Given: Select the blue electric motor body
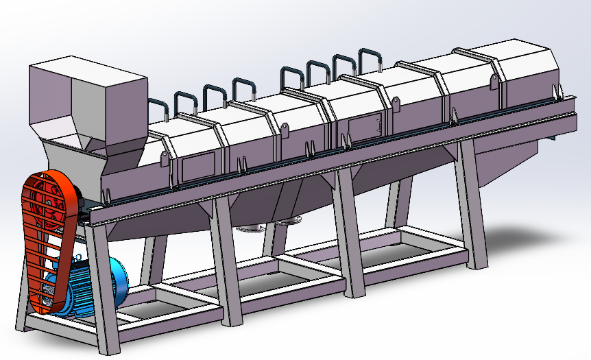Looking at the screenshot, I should pos(86,285).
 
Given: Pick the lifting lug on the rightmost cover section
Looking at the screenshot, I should pos(494,82).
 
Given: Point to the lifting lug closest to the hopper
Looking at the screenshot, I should pos(165,158).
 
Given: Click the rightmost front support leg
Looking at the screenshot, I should pos(473,206).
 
